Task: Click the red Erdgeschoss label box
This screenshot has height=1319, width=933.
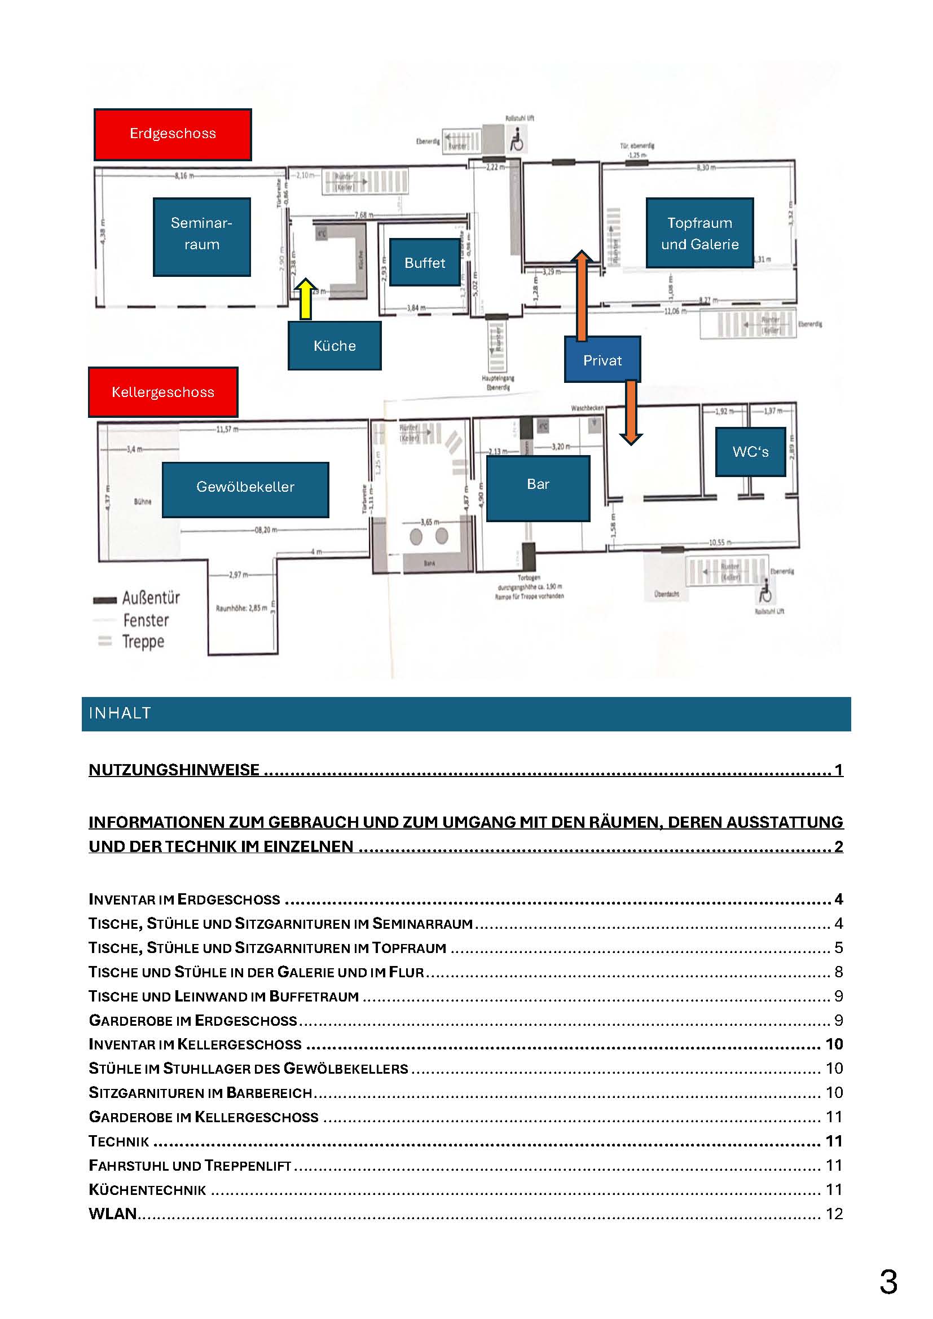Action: click(x=173, y=134)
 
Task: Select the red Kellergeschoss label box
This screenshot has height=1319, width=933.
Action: click(x=162, y=392)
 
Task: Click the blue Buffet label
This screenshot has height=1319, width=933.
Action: click(x=425, y=263)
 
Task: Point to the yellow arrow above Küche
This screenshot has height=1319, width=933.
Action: click(x=306, y=299)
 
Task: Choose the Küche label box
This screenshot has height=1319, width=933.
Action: click(x=335, y=345)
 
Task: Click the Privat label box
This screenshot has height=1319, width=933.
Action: click(x=602, y=360)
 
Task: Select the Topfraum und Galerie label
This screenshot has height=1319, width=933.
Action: click(x=699, y=233)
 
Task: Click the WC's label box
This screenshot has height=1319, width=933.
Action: click(x=750, y=452)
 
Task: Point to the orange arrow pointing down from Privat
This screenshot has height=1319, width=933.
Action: click(x=631, y=412)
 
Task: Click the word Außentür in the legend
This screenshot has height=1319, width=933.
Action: click(x=151, y=598)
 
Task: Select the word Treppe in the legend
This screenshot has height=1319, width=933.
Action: click(x=143, y=641)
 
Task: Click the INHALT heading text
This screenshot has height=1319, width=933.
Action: click(x=120, y=713)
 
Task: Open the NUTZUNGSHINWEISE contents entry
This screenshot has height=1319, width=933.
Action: click(x=174, y=769)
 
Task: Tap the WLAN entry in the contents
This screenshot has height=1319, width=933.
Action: click(x=113, y=1214)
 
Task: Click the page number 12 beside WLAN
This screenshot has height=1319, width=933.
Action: click(x=834, y=1214)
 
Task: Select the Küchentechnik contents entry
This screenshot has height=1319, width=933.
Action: click(x=147, y=1189)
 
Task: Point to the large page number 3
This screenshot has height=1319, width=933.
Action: click(x=888, y=1282)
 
